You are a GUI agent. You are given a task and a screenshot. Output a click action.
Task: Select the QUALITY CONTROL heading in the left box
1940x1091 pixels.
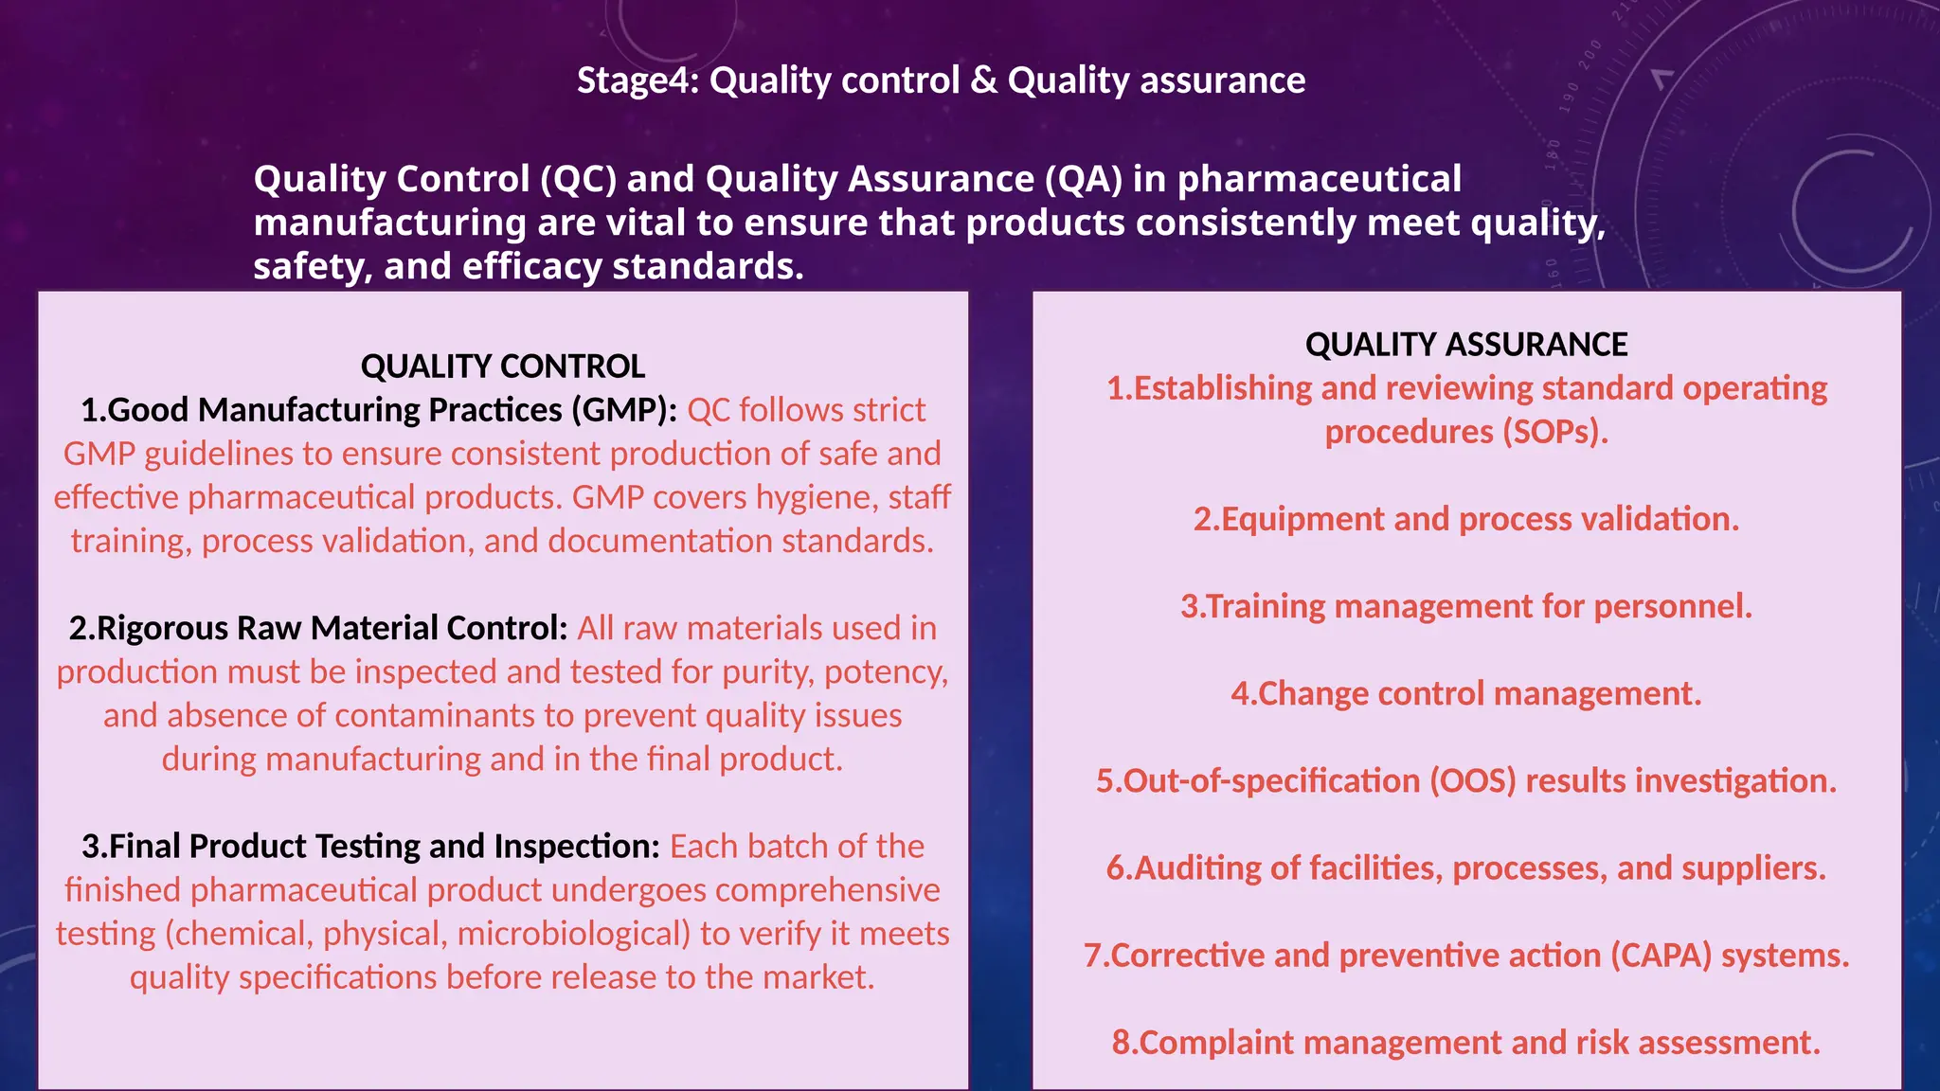coord(502,367)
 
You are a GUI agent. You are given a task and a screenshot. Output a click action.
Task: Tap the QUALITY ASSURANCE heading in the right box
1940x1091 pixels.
coord(1465,345)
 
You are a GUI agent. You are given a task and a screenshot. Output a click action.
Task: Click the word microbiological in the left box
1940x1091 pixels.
coord(573,933)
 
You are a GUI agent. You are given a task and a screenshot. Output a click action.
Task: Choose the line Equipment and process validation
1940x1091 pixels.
coord(1465,519)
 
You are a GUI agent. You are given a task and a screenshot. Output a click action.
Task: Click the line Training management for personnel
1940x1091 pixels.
coord(1465,606)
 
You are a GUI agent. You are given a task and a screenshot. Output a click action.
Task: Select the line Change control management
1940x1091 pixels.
coord(1465,693)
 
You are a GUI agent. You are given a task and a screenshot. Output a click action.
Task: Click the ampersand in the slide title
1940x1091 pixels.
coord(984,81)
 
